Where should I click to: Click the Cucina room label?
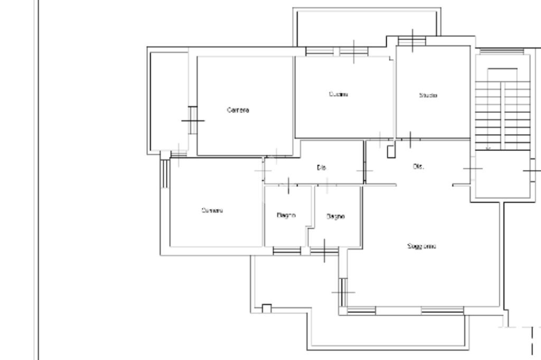click(x=338, y=94)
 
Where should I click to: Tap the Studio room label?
click(x=428, y=96)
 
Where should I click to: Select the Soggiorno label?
click(x=422, y=247)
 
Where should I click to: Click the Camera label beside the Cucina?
click(x=238, y=110)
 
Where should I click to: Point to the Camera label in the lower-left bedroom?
click(x=212, y=211)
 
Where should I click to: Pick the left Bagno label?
click(x=286, y=215)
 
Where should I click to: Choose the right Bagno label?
click(x=335, y=216)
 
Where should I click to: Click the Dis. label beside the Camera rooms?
click(x=321, y=167)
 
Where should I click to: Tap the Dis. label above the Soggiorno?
click(x=418, y=167)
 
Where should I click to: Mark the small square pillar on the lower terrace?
click(x=267, y=308)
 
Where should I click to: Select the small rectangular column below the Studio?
click(x=391, y=151)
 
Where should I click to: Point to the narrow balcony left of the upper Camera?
click(x=168, y=100)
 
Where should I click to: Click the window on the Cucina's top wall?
click(x=353, y=51)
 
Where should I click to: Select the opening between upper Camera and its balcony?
click(x=193, y=120)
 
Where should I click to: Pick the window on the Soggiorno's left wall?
click(x=343, y=291)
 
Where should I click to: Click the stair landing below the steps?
click(x=499, y=174)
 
